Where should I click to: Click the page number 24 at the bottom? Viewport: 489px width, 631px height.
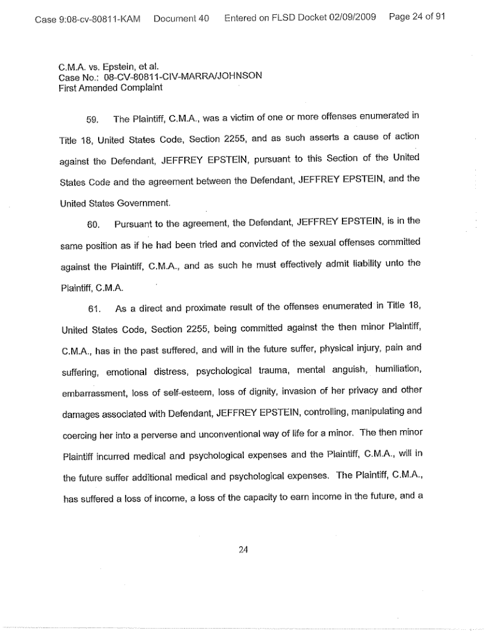(x=243, y=550)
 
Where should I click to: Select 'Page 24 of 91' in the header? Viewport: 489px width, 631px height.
(x=417, y=17)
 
